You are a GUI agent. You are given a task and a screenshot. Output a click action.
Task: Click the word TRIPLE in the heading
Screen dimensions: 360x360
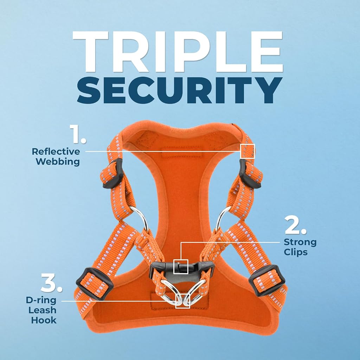[178, 52]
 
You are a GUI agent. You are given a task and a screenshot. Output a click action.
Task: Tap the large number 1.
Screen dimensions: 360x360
[78, 134]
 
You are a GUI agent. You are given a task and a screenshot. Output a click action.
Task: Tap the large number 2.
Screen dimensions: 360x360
[295, 225]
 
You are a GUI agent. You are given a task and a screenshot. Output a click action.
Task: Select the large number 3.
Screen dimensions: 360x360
[52, 283]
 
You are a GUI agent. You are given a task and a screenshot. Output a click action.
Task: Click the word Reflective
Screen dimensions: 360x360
[56, 152]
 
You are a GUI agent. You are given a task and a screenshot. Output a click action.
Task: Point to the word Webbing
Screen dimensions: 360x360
[58, 162]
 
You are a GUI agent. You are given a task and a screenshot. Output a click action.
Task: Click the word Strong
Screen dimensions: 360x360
[300, 242]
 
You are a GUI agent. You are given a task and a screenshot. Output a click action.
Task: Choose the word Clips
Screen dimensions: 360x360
[296, 252]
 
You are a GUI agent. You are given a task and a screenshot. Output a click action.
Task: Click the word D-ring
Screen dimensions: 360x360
[41, 300]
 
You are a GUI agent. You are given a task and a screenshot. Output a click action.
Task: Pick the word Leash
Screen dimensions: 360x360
[43, 310]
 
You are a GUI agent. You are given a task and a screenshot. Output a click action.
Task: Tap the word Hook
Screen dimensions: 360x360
[44, 320]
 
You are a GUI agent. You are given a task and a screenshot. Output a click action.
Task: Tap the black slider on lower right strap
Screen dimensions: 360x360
[267, 280]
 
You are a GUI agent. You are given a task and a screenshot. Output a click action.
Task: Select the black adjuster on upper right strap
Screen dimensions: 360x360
[250, 174]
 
